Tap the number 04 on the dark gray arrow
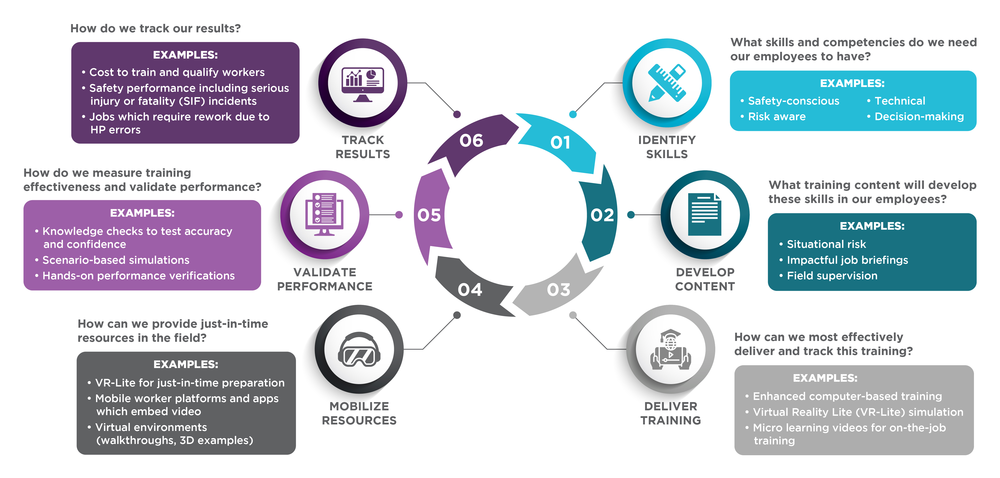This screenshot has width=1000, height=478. point(470,290)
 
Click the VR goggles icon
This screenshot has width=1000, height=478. point(359,349)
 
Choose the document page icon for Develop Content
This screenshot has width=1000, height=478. point(705,214)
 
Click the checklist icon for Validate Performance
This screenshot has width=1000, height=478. point(324,214)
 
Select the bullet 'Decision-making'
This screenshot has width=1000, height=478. point(919,116)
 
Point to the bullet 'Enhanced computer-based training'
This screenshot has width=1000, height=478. point(847,396)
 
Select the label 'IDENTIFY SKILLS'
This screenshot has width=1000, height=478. point(666,147)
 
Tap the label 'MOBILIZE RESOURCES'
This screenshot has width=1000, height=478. point(359,413)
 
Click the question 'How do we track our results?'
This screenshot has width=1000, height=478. point(155,28)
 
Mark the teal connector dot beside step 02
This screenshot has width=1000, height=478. point(631,214)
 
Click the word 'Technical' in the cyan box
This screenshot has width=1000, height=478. point(900,101)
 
